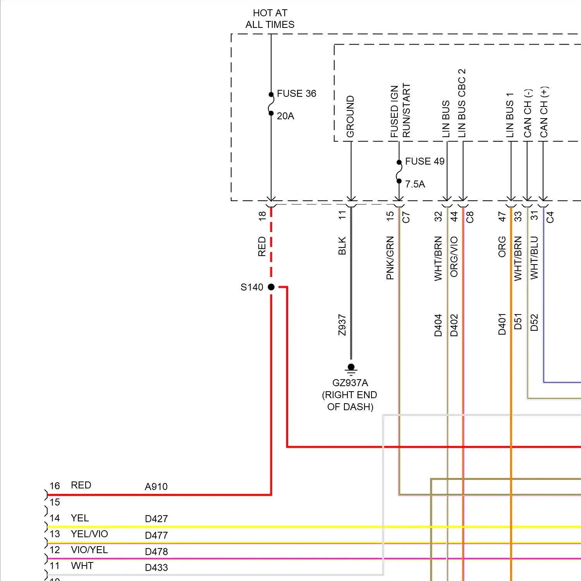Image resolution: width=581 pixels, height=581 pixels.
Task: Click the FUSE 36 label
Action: tap(296, 94)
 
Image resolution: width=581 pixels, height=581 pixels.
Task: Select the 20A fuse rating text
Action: tap(285, 116)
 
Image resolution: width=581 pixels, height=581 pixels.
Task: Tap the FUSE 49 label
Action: tap(425, 162)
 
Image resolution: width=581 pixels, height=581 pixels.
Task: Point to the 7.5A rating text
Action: tap(415, 184)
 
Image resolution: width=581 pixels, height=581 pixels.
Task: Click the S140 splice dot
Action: tap(271, 287)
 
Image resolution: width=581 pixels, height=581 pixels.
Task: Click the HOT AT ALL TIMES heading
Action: tap(270, 19)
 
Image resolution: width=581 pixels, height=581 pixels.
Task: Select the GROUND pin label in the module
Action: tap(351, 117)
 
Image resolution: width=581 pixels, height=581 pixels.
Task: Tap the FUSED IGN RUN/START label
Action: tap(400, 111)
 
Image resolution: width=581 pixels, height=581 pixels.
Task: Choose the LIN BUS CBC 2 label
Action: tap(462, 103)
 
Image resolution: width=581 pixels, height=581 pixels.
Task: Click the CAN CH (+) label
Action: tap(544, 112)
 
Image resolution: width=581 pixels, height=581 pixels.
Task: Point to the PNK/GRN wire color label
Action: tap(390, 258)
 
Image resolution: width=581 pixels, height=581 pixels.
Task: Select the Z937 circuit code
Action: tap(342, 325)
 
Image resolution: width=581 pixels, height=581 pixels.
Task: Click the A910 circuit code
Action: tap(156, 487)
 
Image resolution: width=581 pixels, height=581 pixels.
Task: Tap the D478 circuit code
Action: tap(156, 552)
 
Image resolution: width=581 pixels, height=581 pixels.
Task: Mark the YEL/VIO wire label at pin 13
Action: tap(89, 534)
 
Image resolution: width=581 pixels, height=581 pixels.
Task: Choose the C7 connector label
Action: tap(406, 217)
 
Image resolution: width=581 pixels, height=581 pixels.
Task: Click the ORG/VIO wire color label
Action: tap(454, 257)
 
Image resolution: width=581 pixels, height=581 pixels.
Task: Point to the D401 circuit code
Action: tap(502, 324)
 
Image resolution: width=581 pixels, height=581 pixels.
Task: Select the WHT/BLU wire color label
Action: tap(535, 258)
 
